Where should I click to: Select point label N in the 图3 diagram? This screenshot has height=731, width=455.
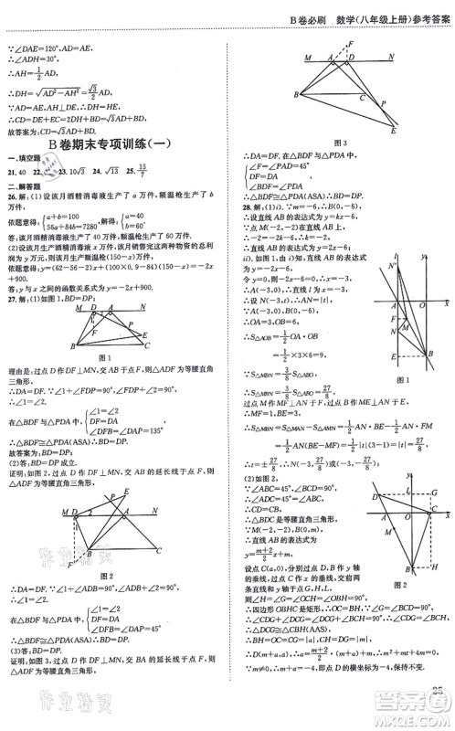click(391, 57)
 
